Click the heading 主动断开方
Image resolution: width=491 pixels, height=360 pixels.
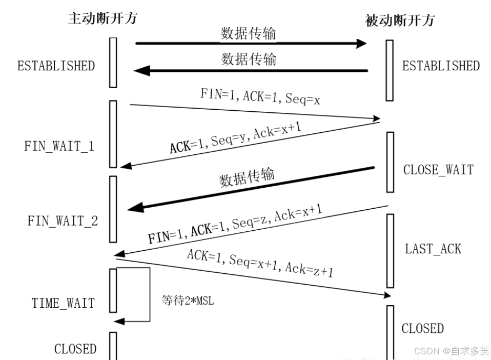103,18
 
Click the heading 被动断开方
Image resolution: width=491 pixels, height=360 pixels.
400,21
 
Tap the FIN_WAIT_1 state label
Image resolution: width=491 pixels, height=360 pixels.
59,146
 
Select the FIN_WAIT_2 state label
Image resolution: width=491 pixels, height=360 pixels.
63,221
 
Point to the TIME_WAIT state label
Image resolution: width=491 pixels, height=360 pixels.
63,303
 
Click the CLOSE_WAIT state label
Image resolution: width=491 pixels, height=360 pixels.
438,170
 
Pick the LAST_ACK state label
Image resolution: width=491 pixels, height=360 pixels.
433,249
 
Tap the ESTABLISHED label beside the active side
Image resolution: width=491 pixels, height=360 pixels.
56,66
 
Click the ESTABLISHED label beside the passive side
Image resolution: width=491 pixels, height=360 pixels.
441,66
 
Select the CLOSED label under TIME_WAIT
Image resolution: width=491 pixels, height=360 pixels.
75,349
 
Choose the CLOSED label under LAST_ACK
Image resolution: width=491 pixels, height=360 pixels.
423,328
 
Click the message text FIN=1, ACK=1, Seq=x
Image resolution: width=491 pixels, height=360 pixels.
260,96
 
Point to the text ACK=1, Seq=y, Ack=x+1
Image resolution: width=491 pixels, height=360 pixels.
235,137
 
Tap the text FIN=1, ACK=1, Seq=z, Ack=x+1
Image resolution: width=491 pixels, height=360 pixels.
235,224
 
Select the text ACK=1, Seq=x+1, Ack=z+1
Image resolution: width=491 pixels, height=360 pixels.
260,263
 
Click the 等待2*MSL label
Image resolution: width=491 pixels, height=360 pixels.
188,301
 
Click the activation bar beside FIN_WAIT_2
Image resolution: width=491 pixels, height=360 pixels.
113,209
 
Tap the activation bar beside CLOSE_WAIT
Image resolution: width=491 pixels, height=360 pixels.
390,162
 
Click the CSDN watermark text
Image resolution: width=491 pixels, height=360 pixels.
451,351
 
